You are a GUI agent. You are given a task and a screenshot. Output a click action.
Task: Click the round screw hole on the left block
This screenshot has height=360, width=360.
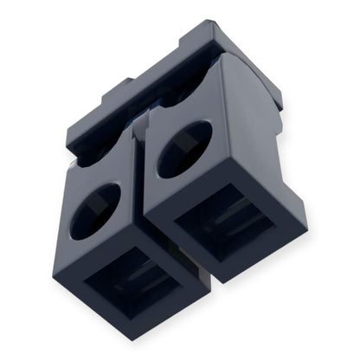click(x=95, y=210)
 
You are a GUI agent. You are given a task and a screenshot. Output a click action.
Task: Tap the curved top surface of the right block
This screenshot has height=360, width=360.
click(x=247, y=87)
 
